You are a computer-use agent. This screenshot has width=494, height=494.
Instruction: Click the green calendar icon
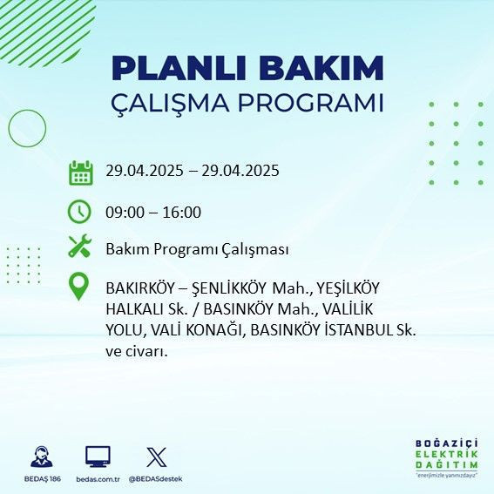(80, 172)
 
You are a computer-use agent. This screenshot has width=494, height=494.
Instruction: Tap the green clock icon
(80, 212)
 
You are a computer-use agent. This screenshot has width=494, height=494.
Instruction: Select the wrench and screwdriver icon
(80, 247)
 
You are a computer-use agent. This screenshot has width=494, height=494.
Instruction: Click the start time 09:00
(124, 212)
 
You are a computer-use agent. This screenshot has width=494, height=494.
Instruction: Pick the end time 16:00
(182, 212)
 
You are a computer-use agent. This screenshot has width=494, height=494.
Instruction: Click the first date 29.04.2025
(143, 171)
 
